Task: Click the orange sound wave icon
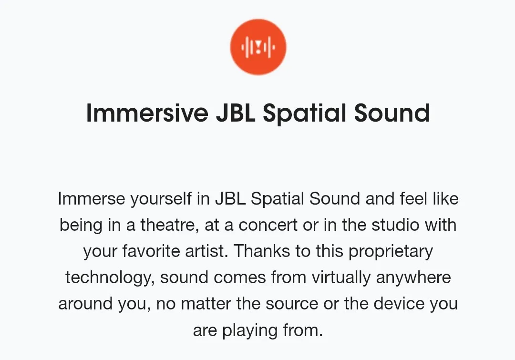point(258,47)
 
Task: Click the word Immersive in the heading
point(147,113)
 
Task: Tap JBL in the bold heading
point(236,113)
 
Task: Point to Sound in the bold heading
point(392,113)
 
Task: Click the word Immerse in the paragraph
point(91,199)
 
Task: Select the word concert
point(268,226)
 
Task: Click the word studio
point(395,225)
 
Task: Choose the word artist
point(206,251)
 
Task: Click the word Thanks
point(262,251)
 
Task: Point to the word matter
point(206,304)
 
